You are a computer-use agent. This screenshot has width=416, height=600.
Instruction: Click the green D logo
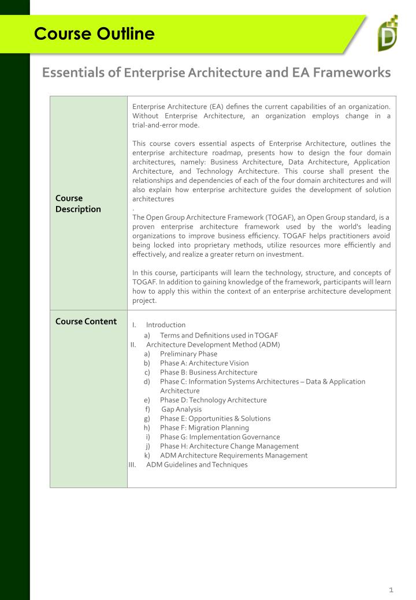(387, 35)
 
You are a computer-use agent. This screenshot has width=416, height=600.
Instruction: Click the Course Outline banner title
(94, 34)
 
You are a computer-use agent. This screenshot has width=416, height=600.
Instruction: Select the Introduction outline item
(166, 325)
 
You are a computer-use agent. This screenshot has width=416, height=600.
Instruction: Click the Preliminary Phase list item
(188, 354)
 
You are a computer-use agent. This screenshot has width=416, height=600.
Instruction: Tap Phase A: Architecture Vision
(205, 363)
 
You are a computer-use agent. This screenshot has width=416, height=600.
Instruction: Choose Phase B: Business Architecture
(209, 372)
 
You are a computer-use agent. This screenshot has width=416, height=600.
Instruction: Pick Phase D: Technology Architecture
(213, 400)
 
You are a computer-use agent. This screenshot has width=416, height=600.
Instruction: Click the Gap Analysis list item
(181, 409)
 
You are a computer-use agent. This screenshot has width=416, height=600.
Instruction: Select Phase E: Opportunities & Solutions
(215, 418)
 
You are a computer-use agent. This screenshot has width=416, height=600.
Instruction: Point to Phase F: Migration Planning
(205, 427)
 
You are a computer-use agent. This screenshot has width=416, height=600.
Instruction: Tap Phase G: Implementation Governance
(220, 437)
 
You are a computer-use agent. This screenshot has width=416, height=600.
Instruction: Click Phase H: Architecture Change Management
(229, 446)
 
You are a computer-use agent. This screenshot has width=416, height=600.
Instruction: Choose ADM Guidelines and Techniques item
(196, 464)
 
